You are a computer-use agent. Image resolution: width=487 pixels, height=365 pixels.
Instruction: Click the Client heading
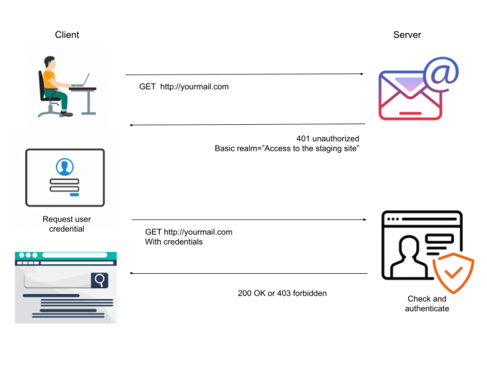click(x=67, y=35)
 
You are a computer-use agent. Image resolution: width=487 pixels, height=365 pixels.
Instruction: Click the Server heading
click(x=406, y=35)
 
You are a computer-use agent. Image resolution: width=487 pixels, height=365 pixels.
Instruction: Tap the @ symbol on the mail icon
click(x=443, y=73)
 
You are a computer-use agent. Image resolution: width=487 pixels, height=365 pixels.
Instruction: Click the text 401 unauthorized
click(x=327, y=138)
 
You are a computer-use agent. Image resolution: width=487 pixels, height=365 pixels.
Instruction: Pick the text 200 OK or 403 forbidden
click(x=282, y=293)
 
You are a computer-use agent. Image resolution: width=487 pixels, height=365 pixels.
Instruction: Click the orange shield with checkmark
click(x=452, y=273)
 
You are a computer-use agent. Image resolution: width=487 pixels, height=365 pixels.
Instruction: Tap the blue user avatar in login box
click(x=64, y=167)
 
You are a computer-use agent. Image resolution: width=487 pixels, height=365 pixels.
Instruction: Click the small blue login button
click(x=74, y=195)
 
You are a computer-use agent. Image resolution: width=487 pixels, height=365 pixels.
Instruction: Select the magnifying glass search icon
click(x=100, y=279)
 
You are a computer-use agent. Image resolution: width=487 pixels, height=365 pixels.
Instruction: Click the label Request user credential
click(x=67, y=224)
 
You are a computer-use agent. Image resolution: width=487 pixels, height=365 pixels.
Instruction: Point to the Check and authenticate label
click(x=427, y=304)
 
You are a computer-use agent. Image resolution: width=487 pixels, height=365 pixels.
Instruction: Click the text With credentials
click(x=174, y=241)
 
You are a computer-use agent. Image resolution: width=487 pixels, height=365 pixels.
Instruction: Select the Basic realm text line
click(x=287, y=148)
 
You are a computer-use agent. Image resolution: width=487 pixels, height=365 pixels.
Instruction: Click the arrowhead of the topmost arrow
click(x=361, y=74)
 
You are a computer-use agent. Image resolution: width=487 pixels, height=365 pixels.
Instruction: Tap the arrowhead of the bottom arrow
click(x=132, y=274)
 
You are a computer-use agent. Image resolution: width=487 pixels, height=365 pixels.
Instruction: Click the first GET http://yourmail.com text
click(x=184, y=87)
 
